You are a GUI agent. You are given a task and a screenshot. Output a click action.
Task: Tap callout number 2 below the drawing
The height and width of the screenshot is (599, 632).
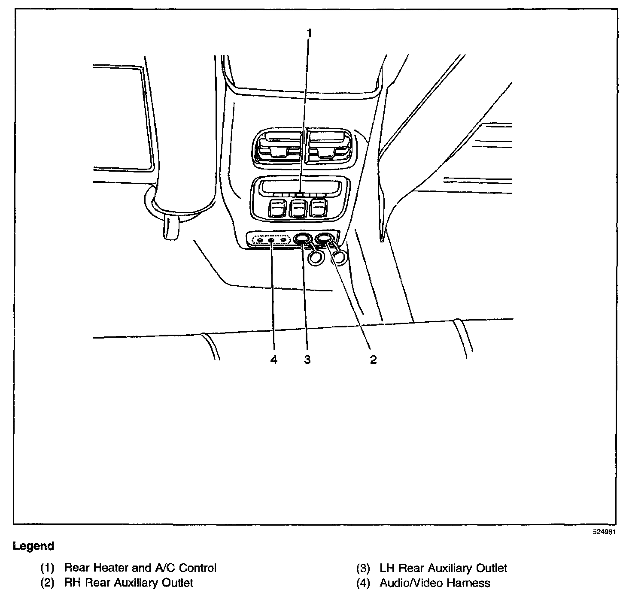(x=373, y=360)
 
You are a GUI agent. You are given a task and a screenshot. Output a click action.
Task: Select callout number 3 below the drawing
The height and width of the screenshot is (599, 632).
(x=307, y=360)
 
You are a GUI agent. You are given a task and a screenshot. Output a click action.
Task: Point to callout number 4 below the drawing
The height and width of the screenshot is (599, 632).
(x=274, y=360)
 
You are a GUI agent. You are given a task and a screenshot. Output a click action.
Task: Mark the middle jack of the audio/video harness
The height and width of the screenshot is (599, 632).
(x=271, y=240)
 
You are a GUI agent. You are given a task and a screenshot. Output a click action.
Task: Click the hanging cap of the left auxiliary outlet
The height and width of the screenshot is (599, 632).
(x=316, y=257)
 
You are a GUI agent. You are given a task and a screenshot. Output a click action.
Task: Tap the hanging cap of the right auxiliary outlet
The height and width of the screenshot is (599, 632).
(x=340, y=257)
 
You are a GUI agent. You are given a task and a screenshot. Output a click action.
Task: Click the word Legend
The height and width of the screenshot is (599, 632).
(x=33, y=546)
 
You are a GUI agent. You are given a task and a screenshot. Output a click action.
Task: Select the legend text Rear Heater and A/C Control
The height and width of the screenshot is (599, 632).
(x=140, y=568)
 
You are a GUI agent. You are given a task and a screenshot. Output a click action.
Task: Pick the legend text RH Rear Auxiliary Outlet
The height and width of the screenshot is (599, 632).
(x=128, y=583)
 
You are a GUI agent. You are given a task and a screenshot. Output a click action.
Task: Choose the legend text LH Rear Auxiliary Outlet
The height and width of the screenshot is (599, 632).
(x=443, y=568)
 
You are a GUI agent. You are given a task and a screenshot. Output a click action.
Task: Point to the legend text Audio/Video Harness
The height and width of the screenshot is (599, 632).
(x=434, y=583)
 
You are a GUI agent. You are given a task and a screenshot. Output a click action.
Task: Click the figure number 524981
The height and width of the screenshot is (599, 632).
(x=605, y=532)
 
